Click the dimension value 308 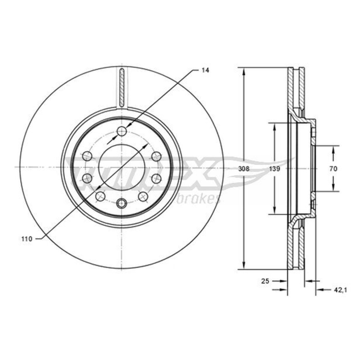point(244,169)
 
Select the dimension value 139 point(274,169)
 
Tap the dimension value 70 point(333,169)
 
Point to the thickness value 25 point(265,281)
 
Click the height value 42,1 point(340,290)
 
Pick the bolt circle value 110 point(27,239)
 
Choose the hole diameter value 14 point(205,71)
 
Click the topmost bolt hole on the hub point(121,131)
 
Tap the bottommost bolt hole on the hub point(121,203)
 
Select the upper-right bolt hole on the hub point(157,156)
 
